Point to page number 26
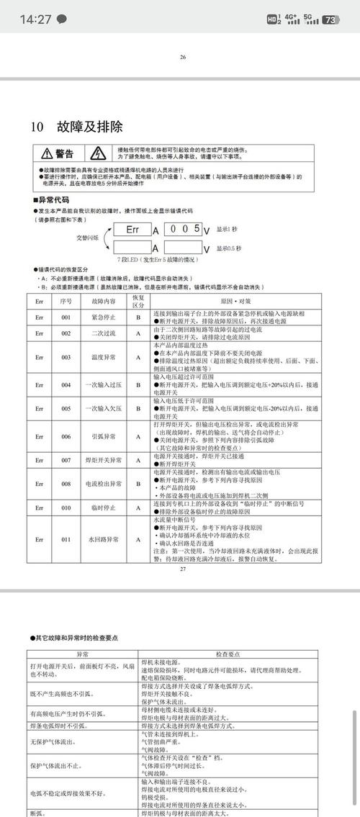183,57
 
